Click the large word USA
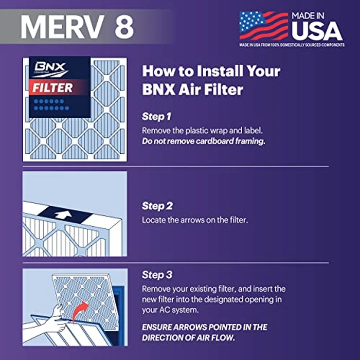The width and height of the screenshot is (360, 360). [x=317, y=31]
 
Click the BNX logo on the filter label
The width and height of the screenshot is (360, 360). [x=46, y=68]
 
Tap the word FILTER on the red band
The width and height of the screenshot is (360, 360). [x=53, y=87]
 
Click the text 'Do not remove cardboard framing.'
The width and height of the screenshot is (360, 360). [x=203, y=141]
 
